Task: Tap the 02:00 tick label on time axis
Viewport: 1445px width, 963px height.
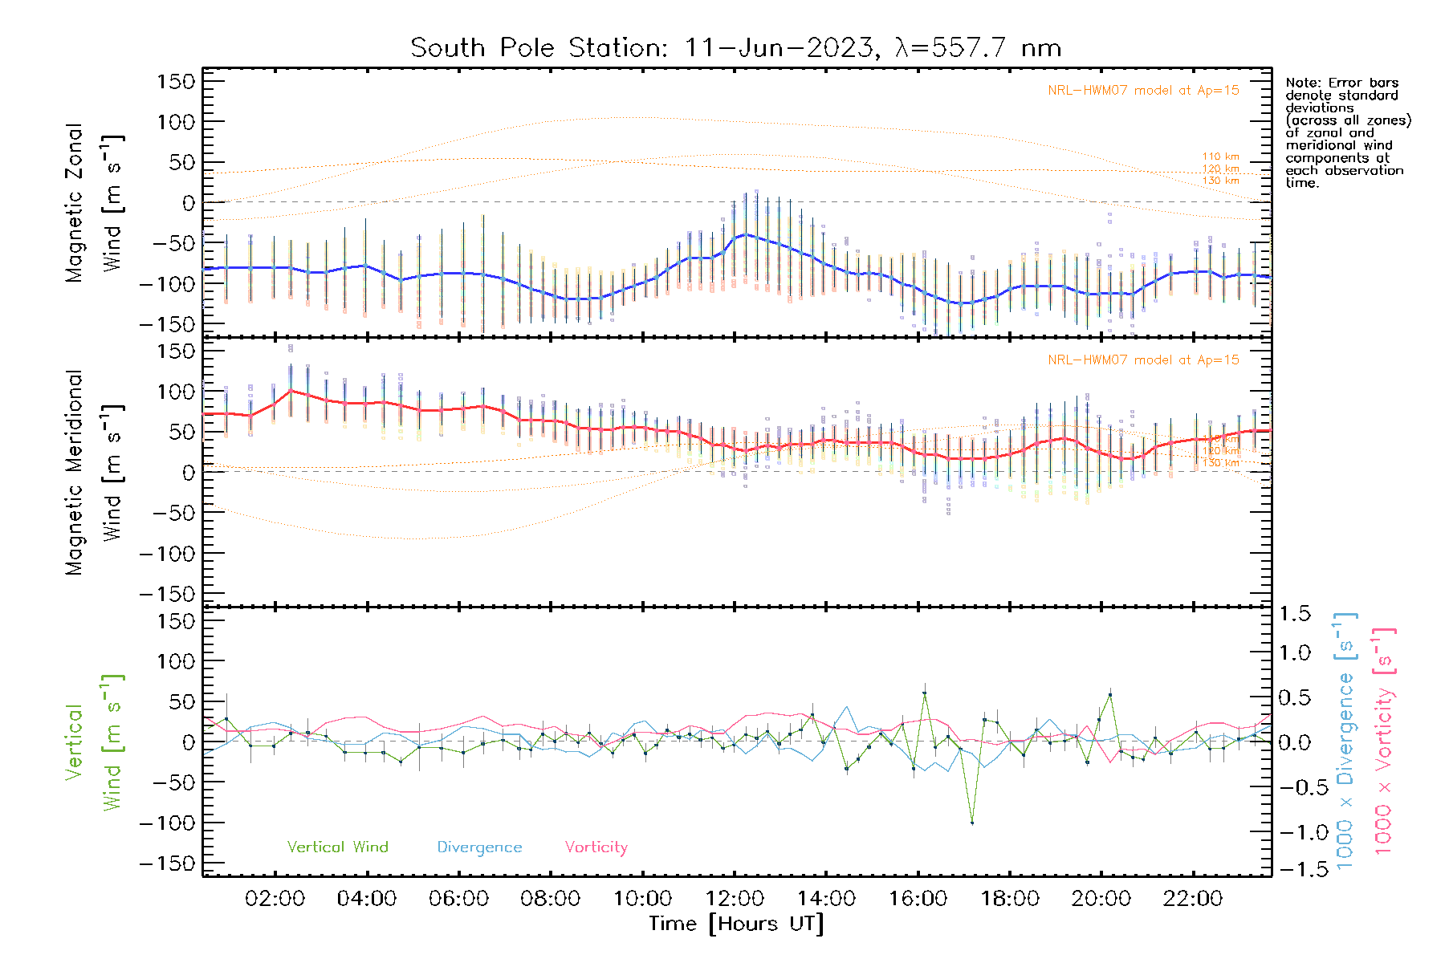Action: coord(275,899)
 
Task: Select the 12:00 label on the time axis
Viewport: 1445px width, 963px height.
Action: coord(734,899)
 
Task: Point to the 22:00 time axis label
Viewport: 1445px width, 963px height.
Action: coord(1193,899)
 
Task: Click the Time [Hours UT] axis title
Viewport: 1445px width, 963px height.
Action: coord(735,924)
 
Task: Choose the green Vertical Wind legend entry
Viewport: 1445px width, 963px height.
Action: coord(337,847)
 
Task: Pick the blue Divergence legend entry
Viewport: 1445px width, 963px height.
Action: coord(479,847)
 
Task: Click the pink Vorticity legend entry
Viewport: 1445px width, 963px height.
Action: coord(596,847)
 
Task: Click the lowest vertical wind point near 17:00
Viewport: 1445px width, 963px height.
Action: coord(972,823)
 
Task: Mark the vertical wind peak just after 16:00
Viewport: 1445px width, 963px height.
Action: coord(924,692)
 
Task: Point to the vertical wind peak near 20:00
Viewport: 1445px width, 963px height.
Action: coord(1110,695)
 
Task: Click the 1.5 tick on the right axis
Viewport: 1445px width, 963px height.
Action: coord(1295,614)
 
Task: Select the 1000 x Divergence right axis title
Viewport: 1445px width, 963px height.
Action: coord(1345,741)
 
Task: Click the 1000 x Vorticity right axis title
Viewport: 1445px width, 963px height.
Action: coord(1383,741)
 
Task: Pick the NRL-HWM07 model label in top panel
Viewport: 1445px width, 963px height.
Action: coord(1143,91)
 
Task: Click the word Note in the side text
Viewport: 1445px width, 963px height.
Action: coord(1301,83)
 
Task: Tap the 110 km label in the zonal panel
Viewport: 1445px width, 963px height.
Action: coord(1220,156)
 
